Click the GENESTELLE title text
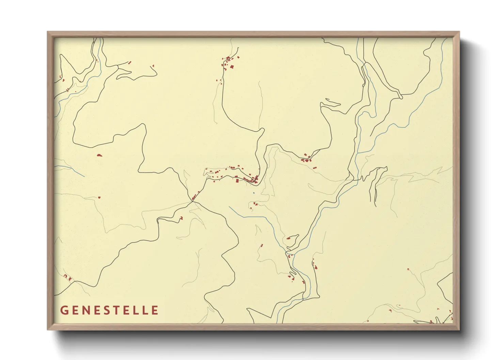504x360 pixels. click(109, 310)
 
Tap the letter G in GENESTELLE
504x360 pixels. click(64, 310)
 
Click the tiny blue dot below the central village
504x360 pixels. click(253, 193)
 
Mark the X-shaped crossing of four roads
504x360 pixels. click(192, 201)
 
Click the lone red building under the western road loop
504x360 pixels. click(99, 155)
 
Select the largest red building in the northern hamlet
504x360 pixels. click(232, 67)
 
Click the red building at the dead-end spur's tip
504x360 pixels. click(181, 218)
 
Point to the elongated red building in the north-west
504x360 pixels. click(129, 62)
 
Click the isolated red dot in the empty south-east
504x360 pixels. click(408, 269)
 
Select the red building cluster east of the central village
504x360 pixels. click(306, 159)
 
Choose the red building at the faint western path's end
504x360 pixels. click(99, 197)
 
